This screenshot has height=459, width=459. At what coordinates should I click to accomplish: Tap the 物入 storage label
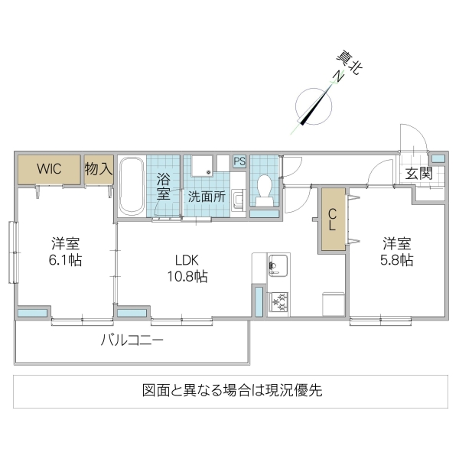pos(98,168)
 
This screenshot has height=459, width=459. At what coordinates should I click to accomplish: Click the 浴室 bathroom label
pos(164,187)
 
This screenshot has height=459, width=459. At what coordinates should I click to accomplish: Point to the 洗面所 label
pos(207,196)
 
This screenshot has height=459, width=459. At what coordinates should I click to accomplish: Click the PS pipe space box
pos(239,161)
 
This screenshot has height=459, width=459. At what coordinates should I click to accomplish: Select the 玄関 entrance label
pos(418,174)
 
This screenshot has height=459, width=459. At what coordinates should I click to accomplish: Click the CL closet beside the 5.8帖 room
pos(333,220)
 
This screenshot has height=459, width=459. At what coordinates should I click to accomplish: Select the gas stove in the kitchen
pos(276,301)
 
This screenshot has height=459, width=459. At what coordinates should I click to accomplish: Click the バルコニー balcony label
pos(132,340)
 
